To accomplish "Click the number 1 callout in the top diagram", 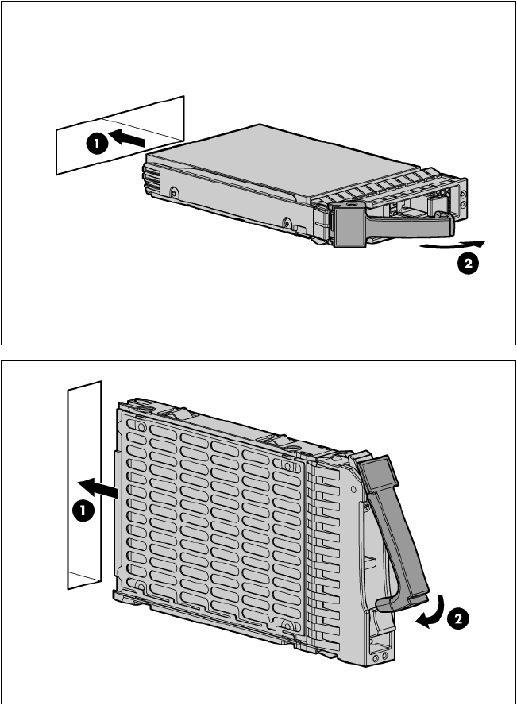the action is pos(97,144).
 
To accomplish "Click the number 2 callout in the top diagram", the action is pos(468,263).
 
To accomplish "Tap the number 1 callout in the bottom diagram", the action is pos(83,511).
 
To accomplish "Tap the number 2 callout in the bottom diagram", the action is pos(457,619).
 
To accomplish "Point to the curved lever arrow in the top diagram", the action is pos(453,245).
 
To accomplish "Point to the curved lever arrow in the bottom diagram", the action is pos(433,613).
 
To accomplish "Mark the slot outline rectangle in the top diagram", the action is pos(120,135).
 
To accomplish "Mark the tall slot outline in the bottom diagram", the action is pos(84,485).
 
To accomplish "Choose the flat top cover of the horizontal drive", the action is pos(279,162).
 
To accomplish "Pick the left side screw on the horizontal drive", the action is pos(174,193).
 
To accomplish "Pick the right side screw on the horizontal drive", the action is pos(287,222).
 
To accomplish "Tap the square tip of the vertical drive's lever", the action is pos(379,473).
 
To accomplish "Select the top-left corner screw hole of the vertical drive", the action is pos(141,426).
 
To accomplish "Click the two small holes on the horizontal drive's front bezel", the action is pos(464,198).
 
